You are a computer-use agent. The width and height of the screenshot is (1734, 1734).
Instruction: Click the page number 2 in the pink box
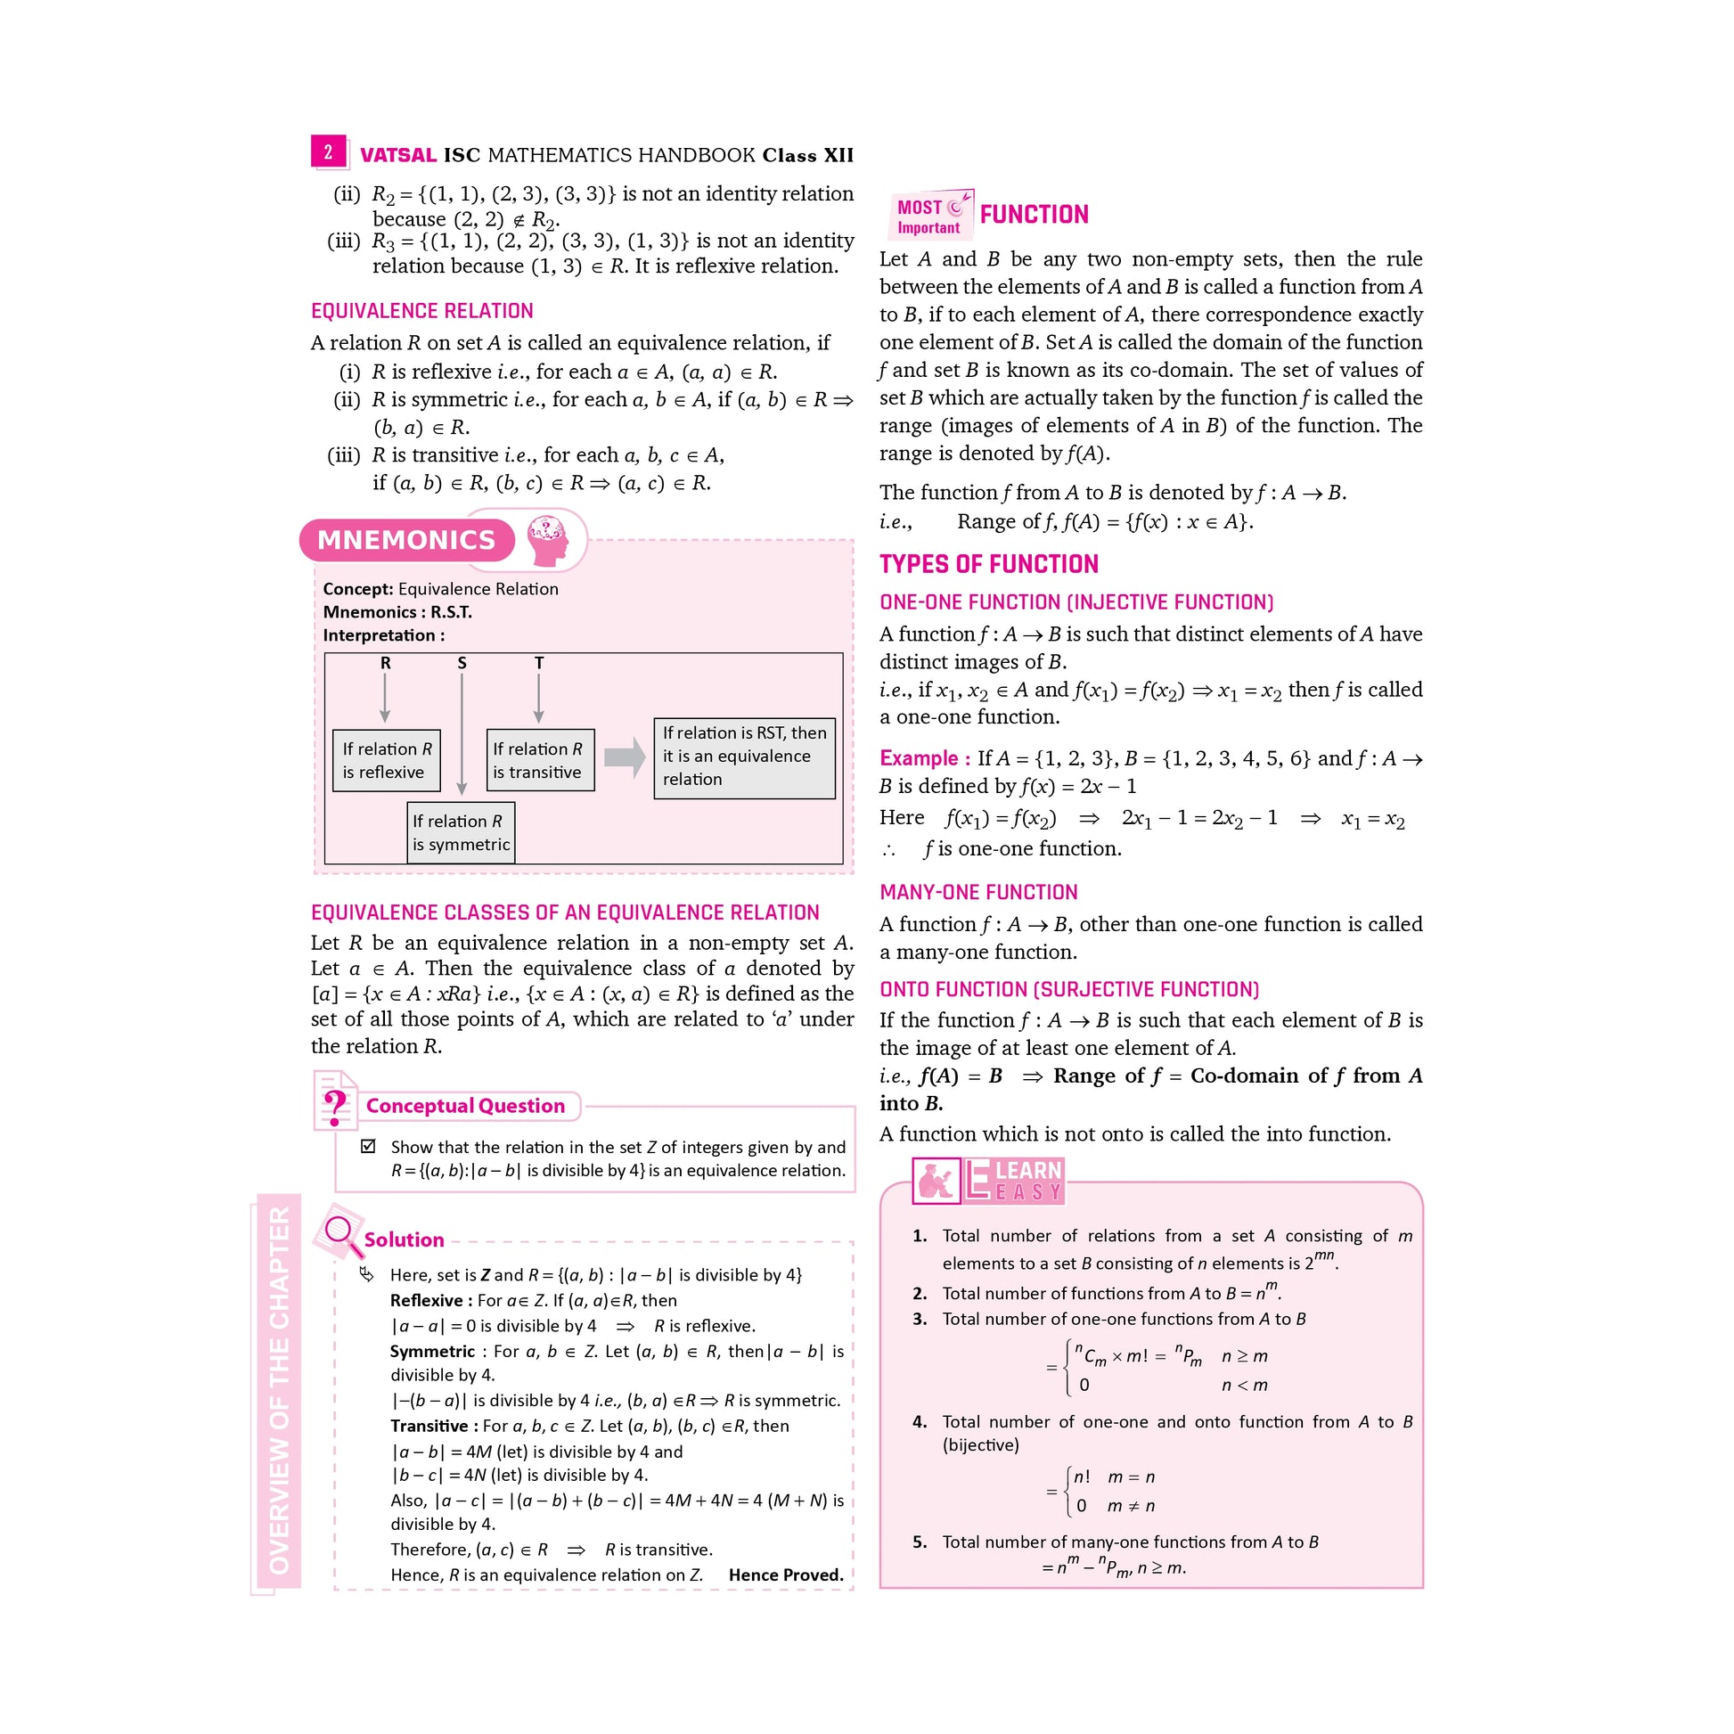click(x=329, y=151)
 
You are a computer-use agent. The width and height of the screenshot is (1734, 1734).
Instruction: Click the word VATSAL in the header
click(x=397, y=155)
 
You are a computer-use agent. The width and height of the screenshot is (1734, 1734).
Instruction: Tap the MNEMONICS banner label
click(x=406, y=539)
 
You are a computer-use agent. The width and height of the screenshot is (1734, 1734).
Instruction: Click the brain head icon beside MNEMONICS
click(x=547, y=540)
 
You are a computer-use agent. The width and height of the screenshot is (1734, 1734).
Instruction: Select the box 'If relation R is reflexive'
click(x=386, y=760)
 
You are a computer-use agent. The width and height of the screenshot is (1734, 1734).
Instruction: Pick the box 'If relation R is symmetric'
click(x=461, y=833)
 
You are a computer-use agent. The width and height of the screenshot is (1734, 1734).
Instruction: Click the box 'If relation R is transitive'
click(x=539, y=760)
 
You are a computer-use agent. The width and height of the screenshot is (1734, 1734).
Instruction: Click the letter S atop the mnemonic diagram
click(x=462, y=663)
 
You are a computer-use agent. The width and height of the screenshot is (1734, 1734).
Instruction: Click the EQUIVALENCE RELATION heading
click(x=421, y=312)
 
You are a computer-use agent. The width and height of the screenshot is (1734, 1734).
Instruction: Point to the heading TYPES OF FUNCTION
click(x=988, y=564)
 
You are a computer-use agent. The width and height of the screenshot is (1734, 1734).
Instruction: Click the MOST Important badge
click(x=931, y=216)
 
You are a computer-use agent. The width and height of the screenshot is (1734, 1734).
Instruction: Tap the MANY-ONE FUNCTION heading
click(x=978, y=892)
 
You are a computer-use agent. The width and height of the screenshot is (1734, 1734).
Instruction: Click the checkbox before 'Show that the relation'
click(x=368, y=1146)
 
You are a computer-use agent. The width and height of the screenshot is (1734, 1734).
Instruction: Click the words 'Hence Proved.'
click(x=785, y=1575)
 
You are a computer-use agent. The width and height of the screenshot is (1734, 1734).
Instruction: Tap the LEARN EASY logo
click(x=988, y=1181)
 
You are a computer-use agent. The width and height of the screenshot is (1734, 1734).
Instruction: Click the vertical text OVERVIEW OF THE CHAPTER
click(x=279, y=1390)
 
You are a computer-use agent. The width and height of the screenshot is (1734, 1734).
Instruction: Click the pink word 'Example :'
click(x=924, y=758)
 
